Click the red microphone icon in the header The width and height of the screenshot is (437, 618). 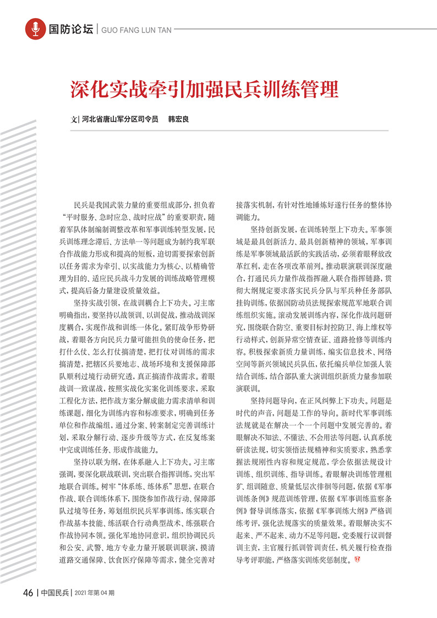tap(35, 29)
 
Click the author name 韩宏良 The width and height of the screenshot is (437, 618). tap(178, 119)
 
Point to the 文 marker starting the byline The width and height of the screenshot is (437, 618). tap(74, 119)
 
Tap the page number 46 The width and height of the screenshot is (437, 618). tap(28, 593)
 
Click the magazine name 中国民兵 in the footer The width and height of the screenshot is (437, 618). tap(56, 593)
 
